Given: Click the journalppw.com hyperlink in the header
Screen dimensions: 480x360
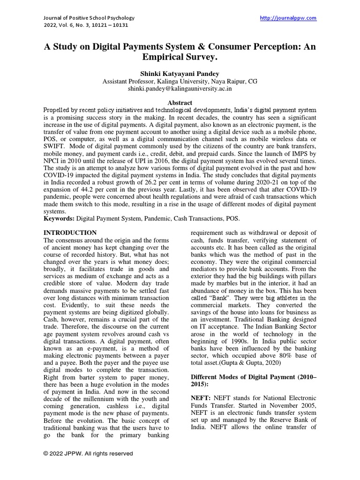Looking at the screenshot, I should [288, 18].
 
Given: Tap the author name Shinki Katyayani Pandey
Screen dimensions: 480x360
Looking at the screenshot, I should [180, 74].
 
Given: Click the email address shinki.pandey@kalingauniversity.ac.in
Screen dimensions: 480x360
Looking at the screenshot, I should [180, 88].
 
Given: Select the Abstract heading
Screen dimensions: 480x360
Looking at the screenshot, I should [180, 103].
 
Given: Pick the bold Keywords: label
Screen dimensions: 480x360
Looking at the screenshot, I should [59, 218].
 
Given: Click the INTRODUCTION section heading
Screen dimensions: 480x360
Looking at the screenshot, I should [70, 232].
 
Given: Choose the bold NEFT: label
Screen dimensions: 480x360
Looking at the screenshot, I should [201, 397].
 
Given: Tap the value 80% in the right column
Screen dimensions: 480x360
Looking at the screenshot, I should [279, 356].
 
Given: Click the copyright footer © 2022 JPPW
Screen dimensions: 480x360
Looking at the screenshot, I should [88, 453].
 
